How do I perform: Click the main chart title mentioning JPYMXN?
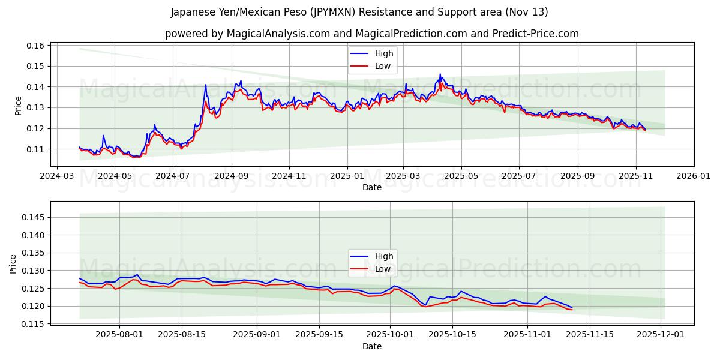[x=359, y=12]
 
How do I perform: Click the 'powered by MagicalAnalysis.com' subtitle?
[x=371, y=34]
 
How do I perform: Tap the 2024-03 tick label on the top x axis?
[x=56, y=176]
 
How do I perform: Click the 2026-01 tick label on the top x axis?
[x=694, y=176]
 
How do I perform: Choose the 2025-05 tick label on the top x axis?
[x=461, y=176]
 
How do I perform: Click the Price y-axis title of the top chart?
[x=18, y=105]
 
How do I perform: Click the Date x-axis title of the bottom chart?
[x=371, y=346]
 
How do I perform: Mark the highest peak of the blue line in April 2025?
[x=440, y=74]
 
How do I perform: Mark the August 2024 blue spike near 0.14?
[x=206, y=85]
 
